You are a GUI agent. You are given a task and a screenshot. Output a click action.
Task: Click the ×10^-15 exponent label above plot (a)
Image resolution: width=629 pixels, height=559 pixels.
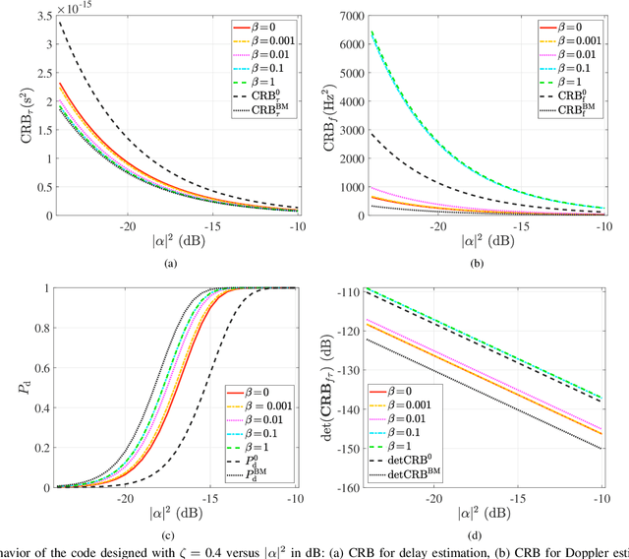[78, 8]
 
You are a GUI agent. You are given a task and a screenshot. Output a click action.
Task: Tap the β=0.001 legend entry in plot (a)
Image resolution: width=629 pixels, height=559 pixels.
[263, 40]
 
